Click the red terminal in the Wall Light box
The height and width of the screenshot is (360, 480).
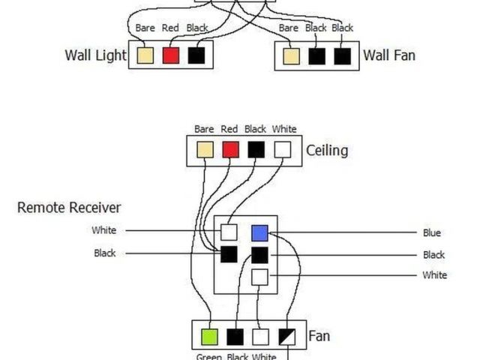(x=171, y=55)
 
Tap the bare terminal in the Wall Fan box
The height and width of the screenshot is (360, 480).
(x=290, y=56)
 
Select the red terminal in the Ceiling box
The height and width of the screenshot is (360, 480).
(x=230, y=150)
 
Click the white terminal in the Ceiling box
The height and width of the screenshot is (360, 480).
(x=281, y=150)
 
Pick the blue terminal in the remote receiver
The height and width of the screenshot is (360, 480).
(x=259, y=232)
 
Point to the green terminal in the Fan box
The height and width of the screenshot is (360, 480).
(x=209, y=337)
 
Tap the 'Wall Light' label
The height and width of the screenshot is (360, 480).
(x=96, y=55)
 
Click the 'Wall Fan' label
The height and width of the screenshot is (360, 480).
(x=389, y=55)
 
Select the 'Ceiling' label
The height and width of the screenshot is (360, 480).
(x=327, y=150)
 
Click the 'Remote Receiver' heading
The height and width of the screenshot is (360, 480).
(x=69, y=207)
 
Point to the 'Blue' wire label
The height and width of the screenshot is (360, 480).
(x=432, y=233)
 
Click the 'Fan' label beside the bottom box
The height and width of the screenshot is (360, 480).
(x=319, y=337)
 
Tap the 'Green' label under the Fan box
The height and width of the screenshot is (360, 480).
(x=208, y=356)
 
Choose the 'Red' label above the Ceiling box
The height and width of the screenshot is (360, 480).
(x=229, y=129)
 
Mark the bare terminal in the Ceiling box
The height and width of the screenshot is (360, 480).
(x=205, y=150)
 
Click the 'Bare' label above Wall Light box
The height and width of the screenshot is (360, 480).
(x=145, y=28)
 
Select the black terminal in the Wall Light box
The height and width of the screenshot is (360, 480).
(x=196, y=55)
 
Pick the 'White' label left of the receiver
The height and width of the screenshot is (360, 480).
(x=104, y=230)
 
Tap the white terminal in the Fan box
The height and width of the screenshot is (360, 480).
(x=260, y=337)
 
